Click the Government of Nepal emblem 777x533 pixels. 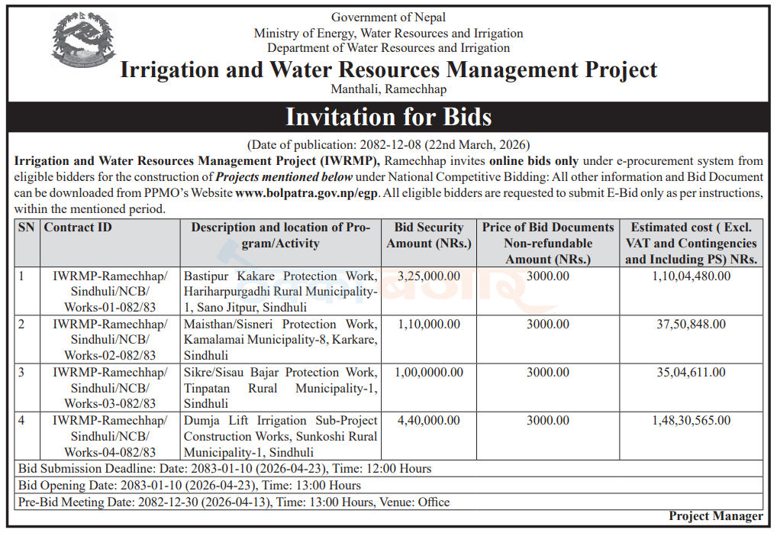83,40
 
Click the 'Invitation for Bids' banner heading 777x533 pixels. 388,117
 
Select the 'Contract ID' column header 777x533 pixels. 78,227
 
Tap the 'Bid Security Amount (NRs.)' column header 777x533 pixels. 429,235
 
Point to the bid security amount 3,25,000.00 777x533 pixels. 429,276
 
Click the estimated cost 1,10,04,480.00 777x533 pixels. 692,276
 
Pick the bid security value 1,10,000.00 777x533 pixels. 429,324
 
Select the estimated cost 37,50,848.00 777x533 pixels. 692,324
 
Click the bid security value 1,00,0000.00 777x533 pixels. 429,372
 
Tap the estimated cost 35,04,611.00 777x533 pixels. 692,372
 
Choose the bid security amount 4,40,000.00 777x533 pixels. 429,420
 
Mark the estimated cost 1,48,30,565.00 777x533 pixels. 692,420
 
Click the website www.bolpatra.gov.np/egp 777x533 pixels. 306,193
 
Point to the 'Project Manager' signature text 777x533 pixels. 716,516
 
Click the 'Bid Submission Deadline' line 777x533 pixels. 225,469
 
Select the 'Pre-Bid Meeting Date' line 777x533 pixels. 234,502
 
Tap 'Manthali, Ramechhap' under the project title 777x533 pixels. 388,89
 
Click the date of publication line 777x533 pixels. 388,145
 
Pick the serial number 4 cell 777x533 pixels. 21,420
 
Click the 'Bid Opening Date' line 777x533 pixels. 189,486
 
